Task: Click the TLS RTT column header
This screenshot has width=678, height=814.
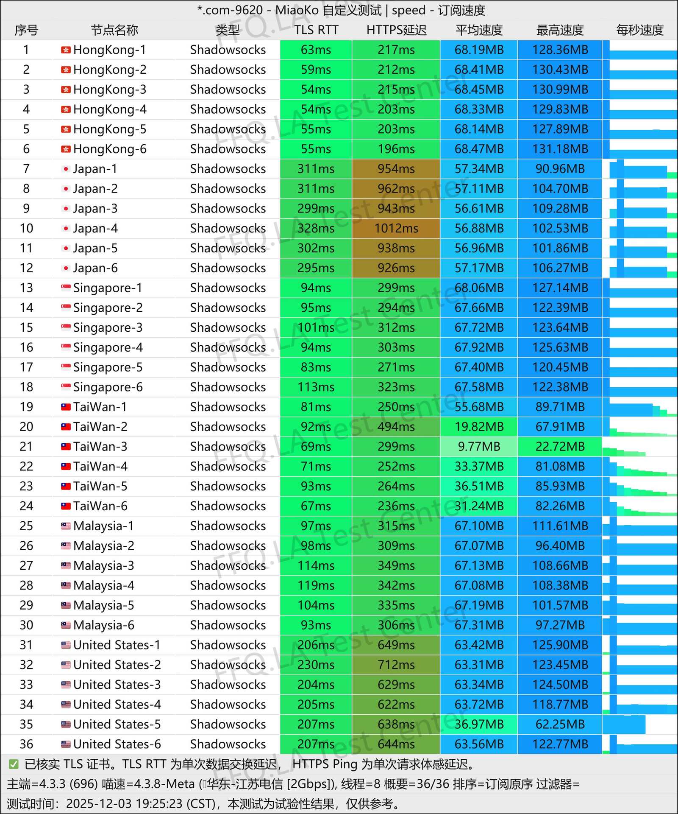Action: click(316, 30)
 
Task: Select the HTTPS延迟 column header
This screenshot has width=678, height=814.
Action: click(396, 30)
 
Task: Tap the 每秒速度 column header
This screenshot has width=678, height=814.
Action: click(639, 30)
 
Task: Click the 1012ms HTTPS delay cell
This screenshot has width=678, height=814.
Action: click(396, 229)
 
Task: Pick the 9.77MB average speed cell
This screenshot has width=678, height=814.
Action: click(479, 447)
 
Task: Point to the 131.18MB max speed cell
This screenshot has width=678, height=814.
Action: click(560, 149)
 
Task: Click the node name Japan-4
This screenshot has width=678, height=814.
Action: click(95, 229)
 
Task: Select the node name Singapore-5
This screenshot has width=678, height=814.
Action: click(108, 367)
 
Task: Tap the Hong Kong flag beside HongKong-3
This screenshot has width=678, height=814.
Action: click(66, 90)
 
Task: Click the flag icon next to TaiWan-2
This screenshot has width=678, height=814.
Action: click(66, 427)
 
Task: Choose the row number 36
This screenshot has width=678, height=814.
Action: click(26, 744)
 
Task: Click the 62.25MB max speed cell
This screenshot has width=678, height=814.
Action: click(560, 724)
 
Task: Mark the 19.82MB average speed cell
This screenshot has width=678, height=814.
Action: click(479, 427)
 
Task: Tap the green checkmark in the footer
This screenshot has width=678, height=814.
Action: click(14, 764)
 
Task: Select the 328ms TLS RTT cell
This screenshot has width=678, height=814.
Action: click(316, 229)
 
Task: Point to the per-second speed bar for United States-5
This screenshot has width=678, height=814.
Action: click(624, 724)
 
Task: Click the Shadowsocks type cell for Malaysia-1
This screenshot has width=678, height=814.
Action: click(228, 526)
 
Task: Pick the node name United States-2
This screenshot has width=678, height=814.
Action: click(117, 665)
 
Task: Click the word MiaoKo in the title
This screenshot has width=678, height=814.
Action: click(297, 10)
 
